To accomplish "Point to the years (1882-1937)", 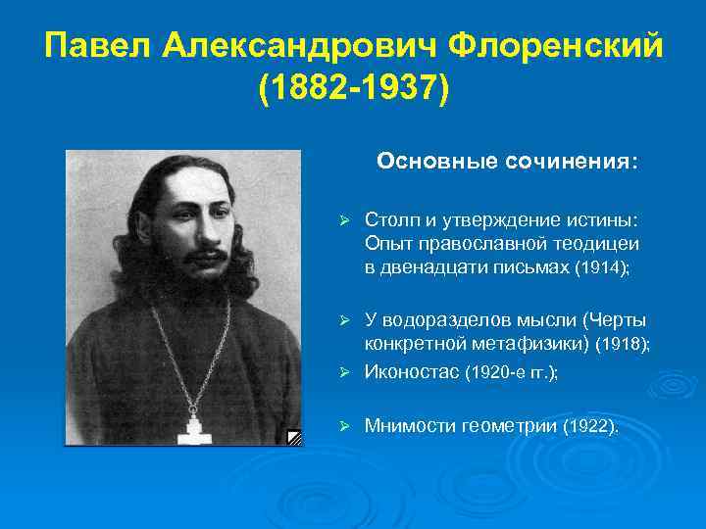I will pyautogui.click(x=353, y=89).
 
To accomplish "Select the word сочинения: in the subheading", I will pyautogui.click(x=568, y=160).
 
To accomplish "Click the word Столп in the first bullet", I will pyautogui.click(x=389, y=218).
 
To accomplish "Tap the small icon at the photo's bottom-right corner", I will pyautogui.click(x=293, y=437).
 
